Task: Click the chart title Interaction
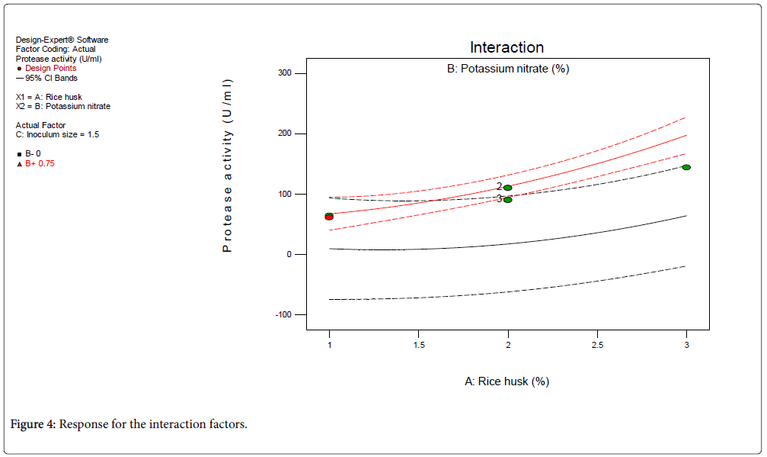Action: [507, 47]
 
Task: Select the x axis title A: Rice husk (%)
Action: [507, 381]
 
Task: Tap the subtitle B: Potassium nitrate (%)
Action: [507, 69]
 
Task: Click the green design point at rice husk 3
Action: [686, 167]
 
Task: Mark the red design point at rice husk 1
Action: [329, 217]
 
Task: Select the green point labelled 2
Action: [508, 188]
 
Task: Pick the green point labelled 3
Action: [508, 199]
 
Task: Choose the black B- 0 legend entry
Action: [33, 153]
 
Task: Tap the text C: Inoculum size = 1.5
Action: [57, 134]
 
